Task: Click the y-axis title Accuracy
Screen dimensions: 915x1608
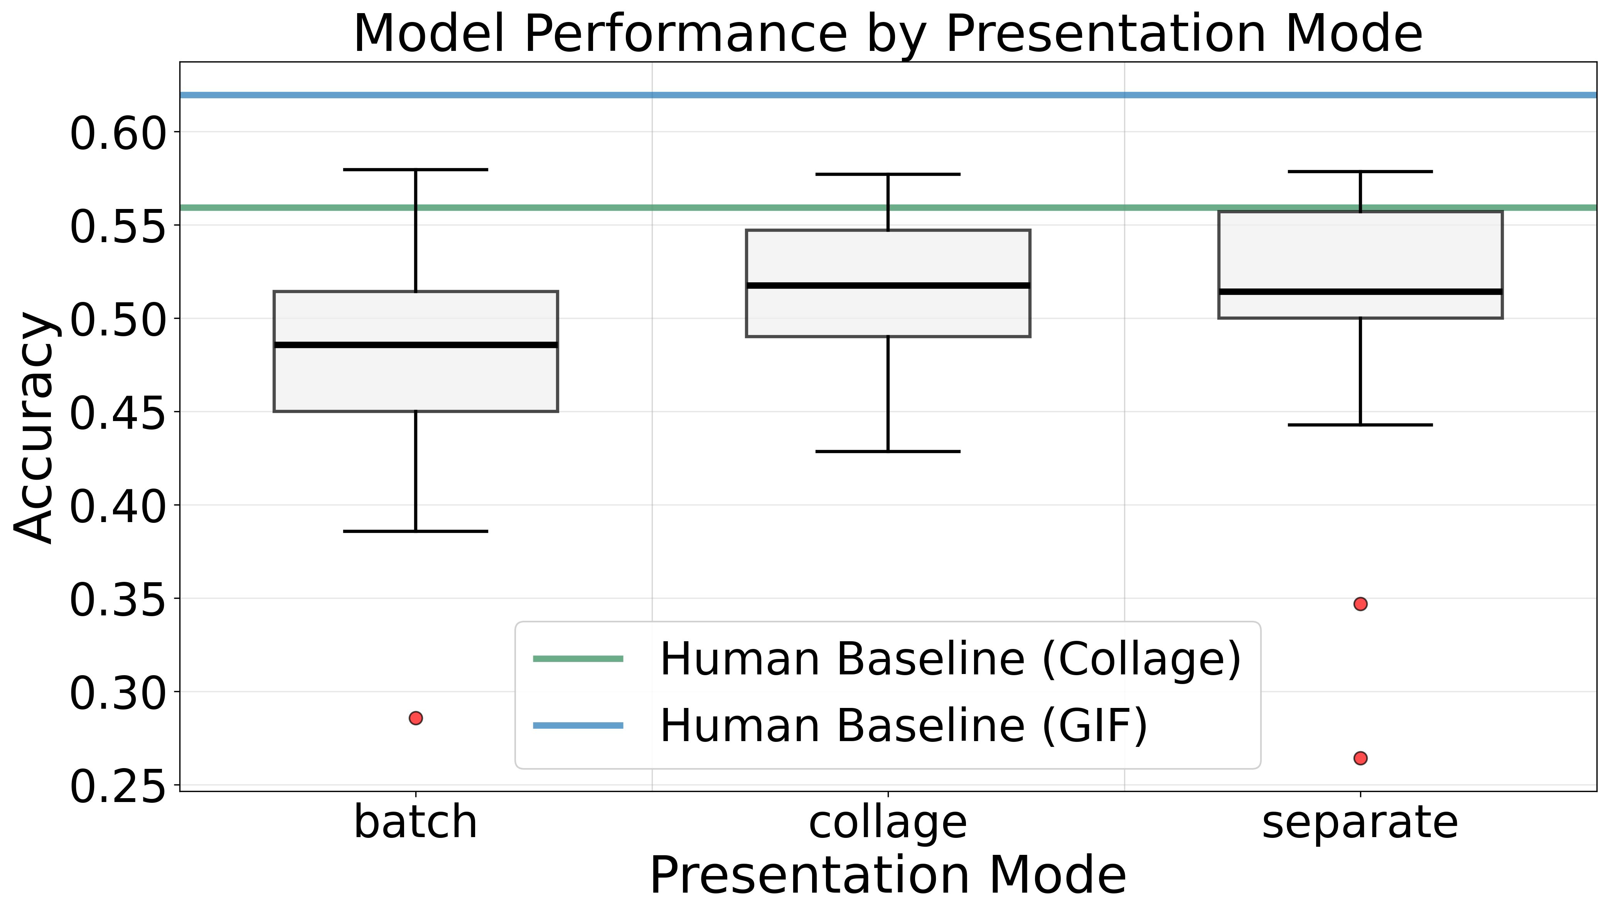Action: pos(35,427)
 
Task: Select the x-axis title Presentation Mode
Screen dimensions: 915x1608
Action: pos(887,875)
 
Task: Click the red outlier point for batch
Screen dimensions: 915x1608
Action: pos(415,718)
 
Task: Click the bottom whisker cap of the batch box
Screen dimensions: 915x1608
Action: pos(415,531)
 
